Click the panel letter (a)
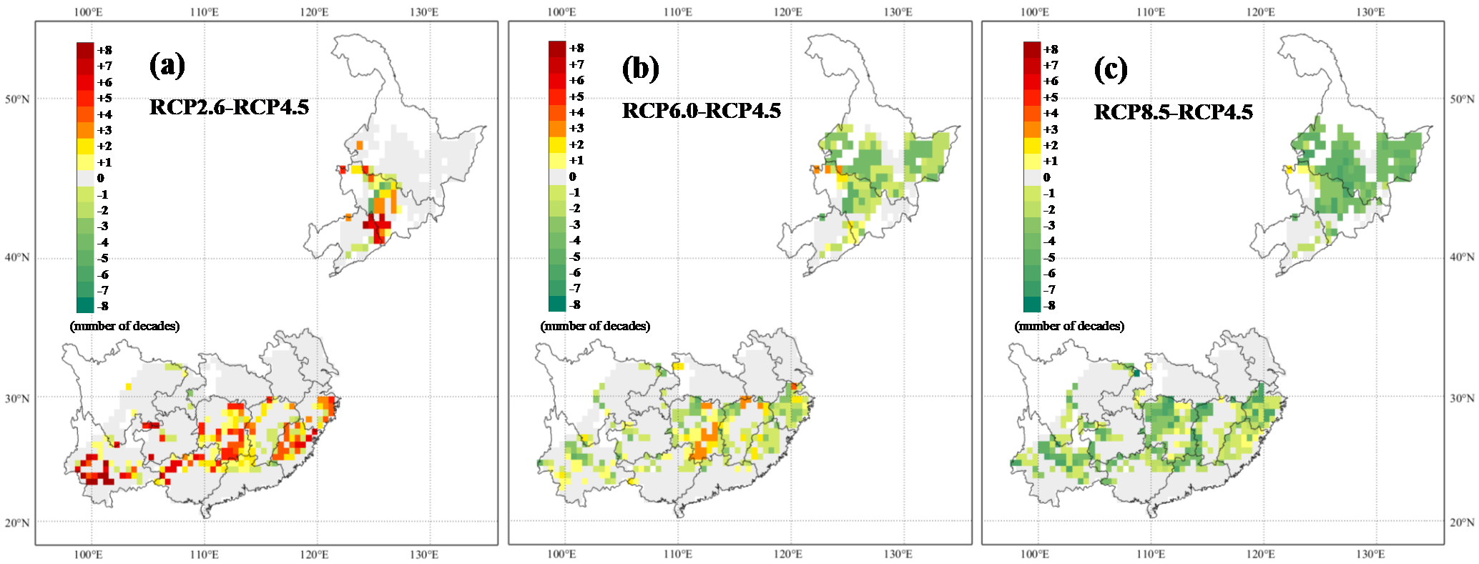pyautogui.click(x=167, y=65)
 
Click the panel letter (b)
pyautogui.click(x=640, y=69)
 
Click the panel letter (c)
pyautogui.click(x=1111, y=69)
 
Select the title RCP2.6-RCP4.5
pyautogui.click(x=229, y=107)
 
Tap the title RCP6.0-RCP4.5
pyautogui.click(x=702, y=111)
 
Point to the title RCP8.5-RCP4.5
pyautogui.click(x=1174, y=112)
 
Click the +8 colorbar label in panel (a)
pyautogui.click(x=104, y=50)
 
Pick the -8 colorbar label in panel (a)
pyautogui.click(x=103, y=306)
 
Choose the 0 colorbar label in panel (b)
pyautogui.click(x=572, y=177)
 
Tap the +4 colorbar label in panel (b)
pyautogui.click(x=576, y=112)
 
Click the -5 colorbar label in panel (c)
pyautogui.click(x=1049, y=257)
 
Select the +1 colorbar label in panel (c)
pyautogui.click(x=1051, y=161)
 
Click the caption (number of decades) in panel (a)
pyautogui.click(x=124, y=326)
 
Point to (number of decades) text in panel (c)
pyautogui.click(x=1069, y=326)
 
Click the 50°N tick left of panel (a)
pyautogui.click(x=17, y=99)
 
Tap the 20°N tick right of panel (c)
pyautogui.click(x=1462, y=522)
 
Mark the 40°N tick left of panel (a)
pyautogui.click(x=17, y=257)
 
